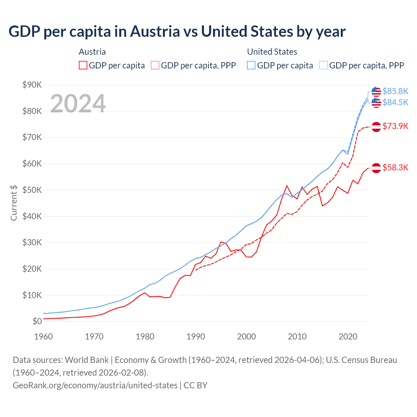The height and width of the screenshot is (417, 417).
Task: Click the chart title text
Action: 177,32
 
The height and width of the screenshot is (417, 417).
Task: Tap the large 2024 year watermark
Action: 78,104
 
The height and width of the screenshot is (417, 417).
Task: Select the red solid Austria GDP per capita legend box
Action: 83,65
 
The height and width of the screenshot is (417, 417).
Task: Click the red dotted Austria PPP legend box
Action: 155,65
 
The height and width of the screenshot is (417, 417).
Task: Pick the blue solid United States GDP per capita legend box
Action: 251,65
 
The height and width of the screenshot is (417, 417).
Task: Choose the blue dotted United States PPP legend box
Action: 324,65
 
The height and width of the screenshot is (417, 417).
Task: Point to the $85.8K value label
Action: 395,91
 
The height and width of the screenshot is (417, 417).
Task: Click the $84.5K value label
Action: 395,102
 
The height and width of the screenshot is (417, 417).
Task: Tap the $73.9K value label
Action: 395,126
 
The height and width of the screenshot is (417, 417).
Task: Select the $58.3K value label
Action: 395,167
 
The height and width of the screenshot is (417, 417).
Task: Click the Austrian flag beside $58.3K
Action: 376,168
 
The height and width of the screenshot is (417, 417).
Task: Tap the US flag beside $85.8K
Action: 376,92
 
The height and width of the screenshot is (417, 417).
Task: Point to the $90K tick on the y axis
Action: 32,85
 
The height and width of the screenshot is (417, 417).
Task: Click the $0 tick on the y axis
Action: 37,322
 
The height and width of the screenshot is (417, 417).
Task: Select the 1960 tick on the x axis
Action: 43,337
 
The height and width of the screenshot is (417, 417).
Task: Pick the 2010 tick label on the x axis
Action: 297,337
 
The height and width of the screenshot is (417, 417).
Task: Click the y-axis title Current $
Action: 14,203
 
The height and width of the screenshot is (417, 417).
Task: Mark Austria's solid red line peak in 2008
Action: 287,186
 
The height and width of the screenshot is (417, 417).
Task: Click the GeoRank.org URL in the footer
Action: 95,385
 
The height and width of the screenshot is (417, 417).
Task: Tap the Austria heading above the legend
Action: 92,52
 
